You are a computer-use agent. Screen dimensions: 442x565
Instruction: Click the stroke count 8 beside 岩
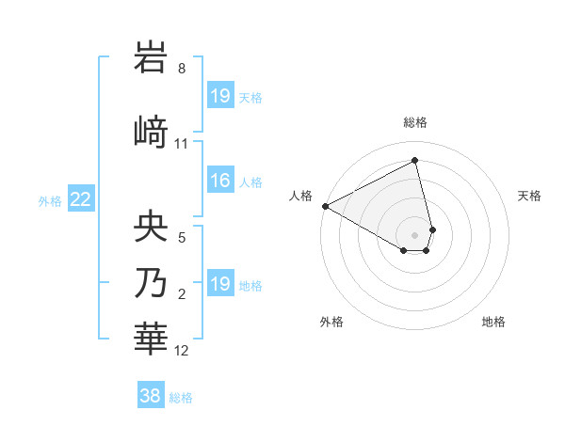point(182,69)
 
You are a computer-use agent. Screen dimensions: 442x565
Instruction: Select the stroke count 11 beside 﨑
point(182,144)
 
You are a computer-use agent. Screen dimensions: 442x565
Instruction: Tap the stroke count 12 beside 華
point(182,351)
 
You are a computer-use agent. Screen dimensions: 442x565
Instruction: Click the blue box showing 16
point(219,182)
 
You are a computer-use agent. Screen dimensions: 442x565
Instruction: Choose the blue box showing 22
point(80,198)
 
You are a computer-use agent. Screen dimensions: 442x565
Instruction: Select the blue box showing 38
point(151,396)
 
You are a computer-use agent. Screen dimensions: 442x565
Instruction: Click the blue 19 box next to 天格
point(219,95)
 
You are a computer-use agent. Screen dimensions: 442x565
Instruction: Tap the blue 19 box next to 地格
point(219,283)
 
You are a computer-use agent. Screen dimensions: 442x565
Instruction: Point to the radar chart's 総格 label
point(415,122)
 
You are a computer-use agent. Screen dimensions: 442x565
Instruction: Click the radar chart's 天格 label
point(530,196)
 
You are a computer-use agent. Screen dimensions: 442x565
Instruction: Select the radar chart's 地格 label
point(493,322)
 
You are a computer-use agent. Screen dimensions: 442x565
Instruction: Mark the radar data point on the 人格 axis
point(325,205)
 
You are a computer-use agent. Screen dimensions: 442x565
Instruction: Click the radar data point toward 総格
point(415,161)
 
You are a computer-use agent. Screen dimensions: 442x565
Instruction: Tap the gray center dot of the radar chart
point(415,234)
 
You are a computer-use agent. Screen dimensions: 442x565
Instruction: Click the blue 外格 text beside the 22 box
point(50,199)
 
